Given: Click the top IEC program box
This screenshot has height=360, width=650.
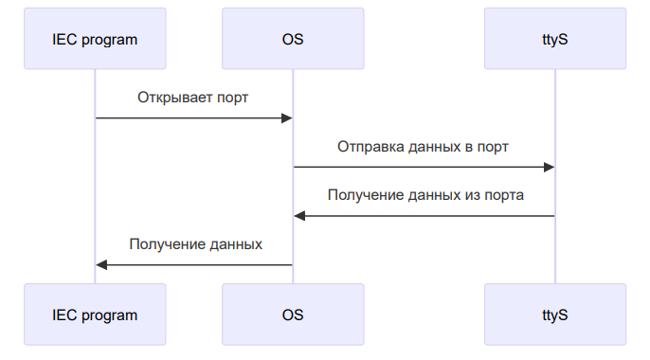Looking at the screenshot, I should (x=95, y=39).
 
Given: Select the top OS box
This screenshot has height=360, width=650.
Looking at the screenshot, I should (x=293, y=39).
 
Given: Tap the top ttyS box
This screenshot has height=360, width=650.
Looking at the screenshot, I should (x=554, y=39).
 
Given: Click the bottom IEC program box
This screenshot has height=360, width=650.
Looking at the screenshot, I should (x=95, y=315).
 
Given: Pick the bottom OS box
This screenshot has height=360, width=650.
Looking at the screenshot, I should (x=293, y=315).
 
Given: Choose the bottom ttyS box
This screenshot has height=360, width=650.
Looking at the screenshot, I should (x=554, y=315).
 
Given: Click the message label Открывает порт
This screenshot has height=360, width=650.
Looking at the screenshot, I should (x=193, y=97).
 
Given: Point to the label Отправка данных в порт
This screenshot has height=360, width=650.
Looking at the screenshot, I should (x=423, y=146).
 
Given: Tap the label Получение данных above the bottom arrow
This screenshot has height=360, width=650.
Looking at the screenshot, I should (x=195, y=244).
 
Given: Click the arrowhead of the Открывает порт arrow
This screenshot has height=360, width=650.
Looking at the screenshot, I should (x=287, y=117).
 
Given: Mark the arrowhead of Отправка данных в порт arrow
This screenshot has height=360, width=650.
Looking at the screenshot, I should (x=549, y=167).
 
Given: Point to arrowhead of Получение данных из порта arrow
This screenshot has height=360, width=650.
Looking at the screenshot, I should (x=299, y=216).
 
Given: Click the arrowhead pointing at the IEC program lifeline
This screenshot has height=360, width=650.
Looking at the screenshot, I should (x=101, y=265).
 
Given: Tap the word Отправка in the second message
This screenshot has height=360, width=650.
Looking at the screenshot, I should (x=368, y=146).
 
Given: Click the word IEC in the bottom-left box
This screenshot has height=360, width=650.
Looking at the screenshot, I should (x=64, y=315).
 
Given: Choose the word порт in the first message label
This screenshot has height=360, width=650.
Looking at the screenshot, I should (x=233, y=97).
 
